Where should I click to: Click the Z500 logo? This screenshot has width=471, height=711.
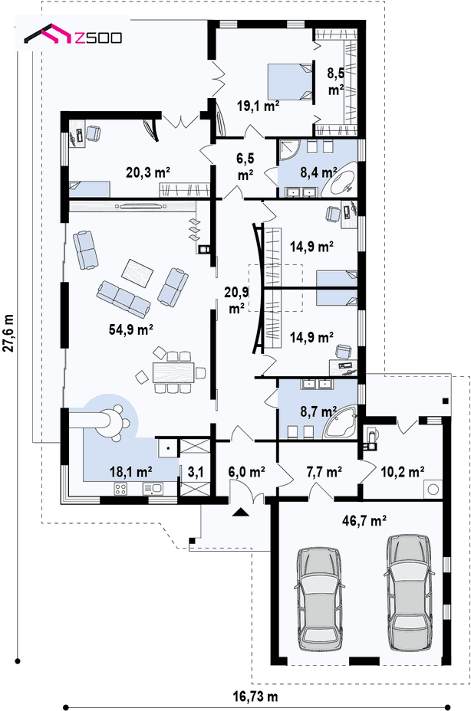[x=73, y=35]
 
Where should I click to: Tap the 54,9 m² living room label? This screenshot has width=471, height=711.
[x=131, y=329]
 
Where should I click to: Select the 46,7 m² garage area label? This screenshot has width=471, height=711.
[x=364, y=520]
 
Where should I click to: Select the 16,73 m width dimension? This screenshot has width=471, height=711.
[x=255, y=696]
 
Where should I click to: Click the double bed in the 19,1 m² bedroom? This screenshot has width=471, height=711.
[x=290, y=81]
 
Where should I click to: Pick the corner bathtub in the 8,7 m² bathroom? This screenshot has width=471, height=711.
[x=341, y=424]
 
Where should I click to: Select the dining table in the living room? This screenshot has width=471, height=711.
[x=174, y=372]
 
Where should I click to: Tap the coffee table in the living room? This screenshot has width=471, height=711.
[x=137, y=273]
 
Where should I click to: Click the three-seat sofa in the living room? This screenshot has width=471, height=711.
[x=123, y=300]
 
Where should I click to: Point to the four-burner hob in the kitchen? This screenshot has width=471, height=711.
[x=120, y=489]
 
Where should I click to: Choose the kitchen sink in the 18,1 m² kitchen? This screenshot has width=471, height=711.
[x=153, y=489]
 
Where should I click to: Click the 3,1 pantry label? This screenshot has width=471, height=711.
[x=196, y=473]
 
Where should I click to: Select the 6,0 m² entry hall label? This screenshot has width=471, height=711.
[x=247, y=472]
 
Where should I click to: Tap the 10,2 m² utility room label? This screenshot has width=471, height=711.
[x=403, y=472]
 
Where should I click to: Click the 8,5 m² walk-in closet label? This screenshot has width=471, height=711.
[x=336, y=81]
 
